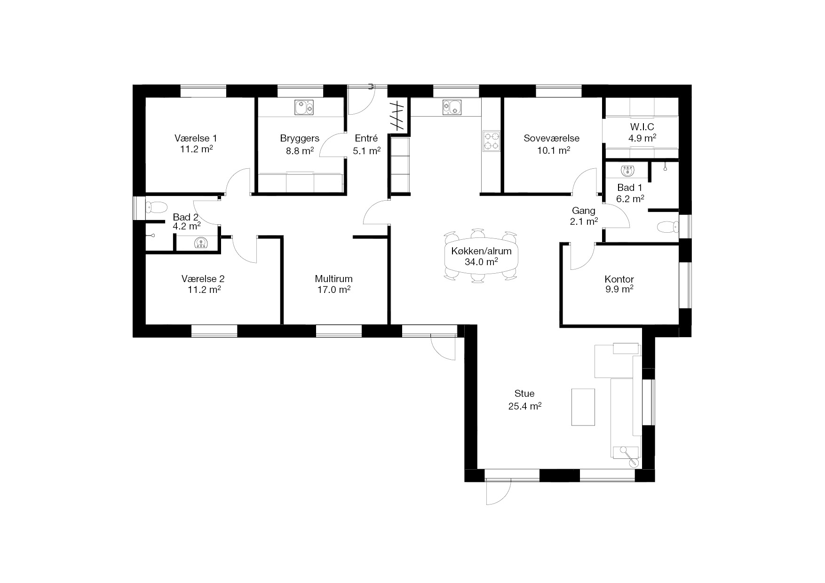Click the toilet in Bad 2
tap(156, 207)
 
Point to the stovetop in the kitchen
tap(491, 141)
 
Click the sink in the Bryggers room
tap(304, 108)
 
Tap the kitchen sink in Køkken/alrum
tap(452, 107)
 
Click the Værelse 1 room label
tap(196, 138)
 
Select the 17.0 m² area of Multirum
tap(333, 290)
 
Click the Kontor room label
tap(619, 279)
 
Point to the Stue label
tap(524, 394)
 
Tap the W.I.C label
tap(642, 127)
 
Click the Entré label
tap(366, 138)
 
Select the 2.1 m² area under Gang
tap(584, 221)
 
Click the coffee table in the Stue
tap(583, 407)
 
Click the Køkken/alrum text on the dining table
tap(481, 251)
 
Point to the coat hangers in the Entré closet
tap(398, 116)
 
